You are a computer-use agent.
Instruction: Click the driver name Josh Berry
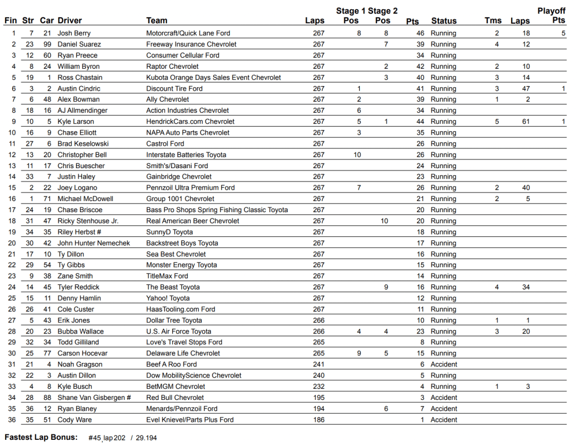[74, 34]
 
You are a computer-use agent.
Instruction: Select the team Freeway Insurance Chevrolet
[191, 44]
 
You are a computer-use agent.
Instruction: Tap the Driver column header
[70, 21]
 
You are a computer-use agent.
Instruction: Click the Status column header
[444, 21]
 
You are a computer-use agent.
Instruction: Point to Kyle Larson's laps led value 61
[526, 122]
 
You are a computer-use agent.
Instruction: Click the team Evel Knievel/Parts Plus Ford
[189, 420]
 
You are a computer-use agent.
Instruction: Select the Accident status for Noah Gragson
[444, 365]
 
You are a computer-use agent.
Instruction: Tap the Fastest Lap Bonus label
[41, 437]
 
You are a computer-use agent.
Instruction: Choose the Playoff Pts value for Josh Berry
[563, 34]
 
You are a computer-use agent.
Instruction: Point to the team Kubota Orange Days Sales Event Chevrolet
[213, 77]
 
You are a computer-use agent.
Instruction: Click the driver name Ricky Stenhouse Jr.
[88, 221]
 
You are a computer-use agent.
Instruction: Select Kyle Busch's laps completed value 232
[319, 387]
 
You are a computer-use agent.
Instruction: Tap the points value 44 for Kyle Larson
[420, 122]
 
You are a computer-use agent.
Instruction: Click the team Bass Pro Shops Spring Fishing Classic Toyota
[217, 210]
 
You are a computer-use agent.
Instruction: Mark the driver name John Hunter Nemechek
[94, 243]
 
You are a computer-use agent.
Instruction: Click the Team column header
[157, 21]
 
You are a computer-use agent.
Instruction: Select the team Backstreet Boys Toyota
[182, 243]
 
